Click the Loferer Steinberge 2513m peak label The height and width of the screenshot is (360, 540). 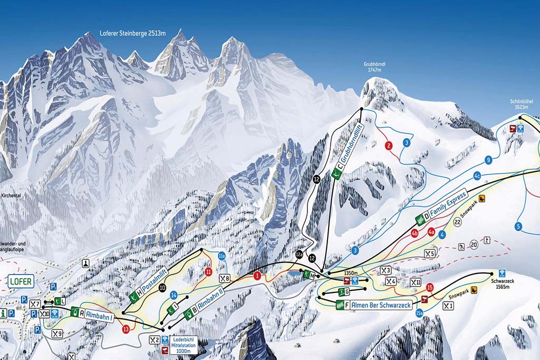(x=132, y=33)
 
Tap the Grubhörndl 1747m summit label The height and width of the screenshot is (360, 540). (x=374, y=66)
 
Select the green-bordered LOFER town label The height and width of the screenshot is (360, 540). (x=21, y=282)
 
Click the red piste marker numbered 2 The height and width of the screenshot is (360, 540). (x=389, y=146)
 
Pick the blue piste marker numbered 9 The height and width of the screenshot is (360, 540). (x=488, y=160)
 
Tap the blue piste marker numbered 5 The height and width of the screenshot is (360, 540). (x=518, y=227)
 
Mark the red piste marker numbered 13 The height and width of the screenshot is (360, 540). (x=126, y=329)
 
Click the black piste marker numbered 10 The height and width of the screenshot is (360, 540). (x=162, y=288)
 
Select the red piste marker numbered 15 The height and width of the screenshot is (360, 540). (x=430, y=287)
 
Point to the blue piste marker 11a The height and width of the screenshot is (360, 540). (x=222, y=257)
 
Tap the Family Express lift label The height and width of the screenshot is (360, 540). (x=447, y=205)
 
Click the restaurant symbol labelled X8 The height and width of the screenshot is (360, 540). (x=225, y=278)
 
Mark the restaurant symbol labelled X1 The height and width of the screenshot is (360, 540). (x=448, y=306)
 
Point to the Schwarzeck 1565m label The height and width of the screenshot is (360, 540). (x=502, y=285)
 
